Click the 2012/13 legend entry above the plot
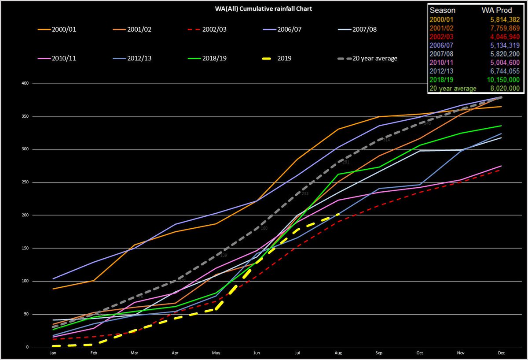(139, 58)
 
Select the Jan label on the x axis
(53, 353)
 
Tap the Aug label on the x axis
(337, 353)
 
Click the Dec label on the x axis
(500, 353)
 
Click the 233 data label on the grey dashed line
(305, 194)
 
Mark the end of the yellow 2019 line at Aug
(338, 214)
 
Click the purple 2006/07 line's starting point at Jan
(53, 278)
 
